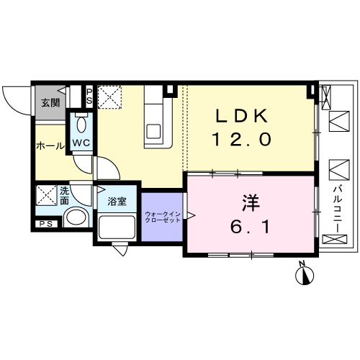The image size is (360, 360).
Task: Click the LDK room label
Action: [x=242, y=116]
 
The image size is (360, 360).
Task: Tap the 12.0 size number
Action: [x=242, y=139]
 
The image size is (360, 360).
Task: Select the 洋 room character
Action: [x=251, y=203]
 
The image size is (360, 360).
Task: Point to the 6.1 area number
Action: [x=251, y=227]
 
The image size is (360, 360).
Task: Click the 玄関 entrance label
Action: [x=50, y=103]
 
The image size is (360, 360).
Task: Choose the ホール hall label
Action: [x=50, y=145]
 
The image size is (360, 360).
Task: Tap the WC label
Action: [x=81, y=143]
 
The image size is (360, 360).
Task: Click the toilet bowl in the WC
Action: [x=81, y=125]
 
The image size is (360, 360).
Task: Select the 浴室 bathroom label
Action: [x=117, y=201]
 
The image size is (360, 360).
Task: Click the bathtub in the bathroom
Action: [x=117, y=228]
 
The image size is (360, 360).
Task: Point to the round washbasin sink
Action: [x=76, y=217]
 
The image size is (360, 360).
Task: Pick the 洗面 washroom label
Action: [x=64, y=196]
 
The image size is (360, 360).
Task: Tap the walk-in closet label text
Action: [x=163, y=217]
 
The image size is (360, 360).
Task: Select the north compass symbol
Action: [x=305, y=274]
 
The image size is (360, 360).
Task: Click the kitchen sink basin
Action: [x=153, y=131]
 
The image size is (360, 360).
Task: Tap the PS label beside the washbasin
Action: [x=46, y=224]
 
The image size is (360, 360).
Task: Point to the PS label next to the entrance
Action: [x=89, y=96]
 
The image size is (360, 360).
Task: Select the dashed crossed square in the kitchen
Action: [x=109, y=97]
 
